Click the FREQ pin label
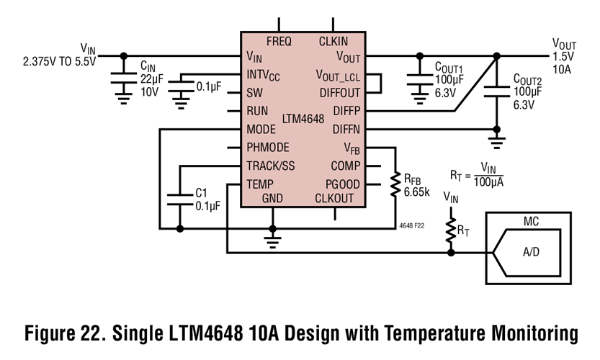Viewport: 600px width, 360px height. click(278, 41)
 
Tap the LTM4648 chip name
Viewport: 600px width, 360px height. click(303, 118)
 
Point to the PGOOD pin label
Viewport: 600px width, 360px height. click(342, 184)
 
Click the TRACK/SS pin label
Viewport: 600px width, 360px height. click(270, 166)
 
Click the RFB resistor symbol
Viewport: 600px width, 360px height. click(395, 184)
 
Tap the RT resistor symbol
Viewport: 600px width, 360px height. click(451, 230)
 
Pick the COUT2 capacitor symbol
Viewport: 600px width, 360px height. click(496, 91)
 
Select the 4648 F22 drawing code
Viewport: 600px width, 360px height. click(412, 225)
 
